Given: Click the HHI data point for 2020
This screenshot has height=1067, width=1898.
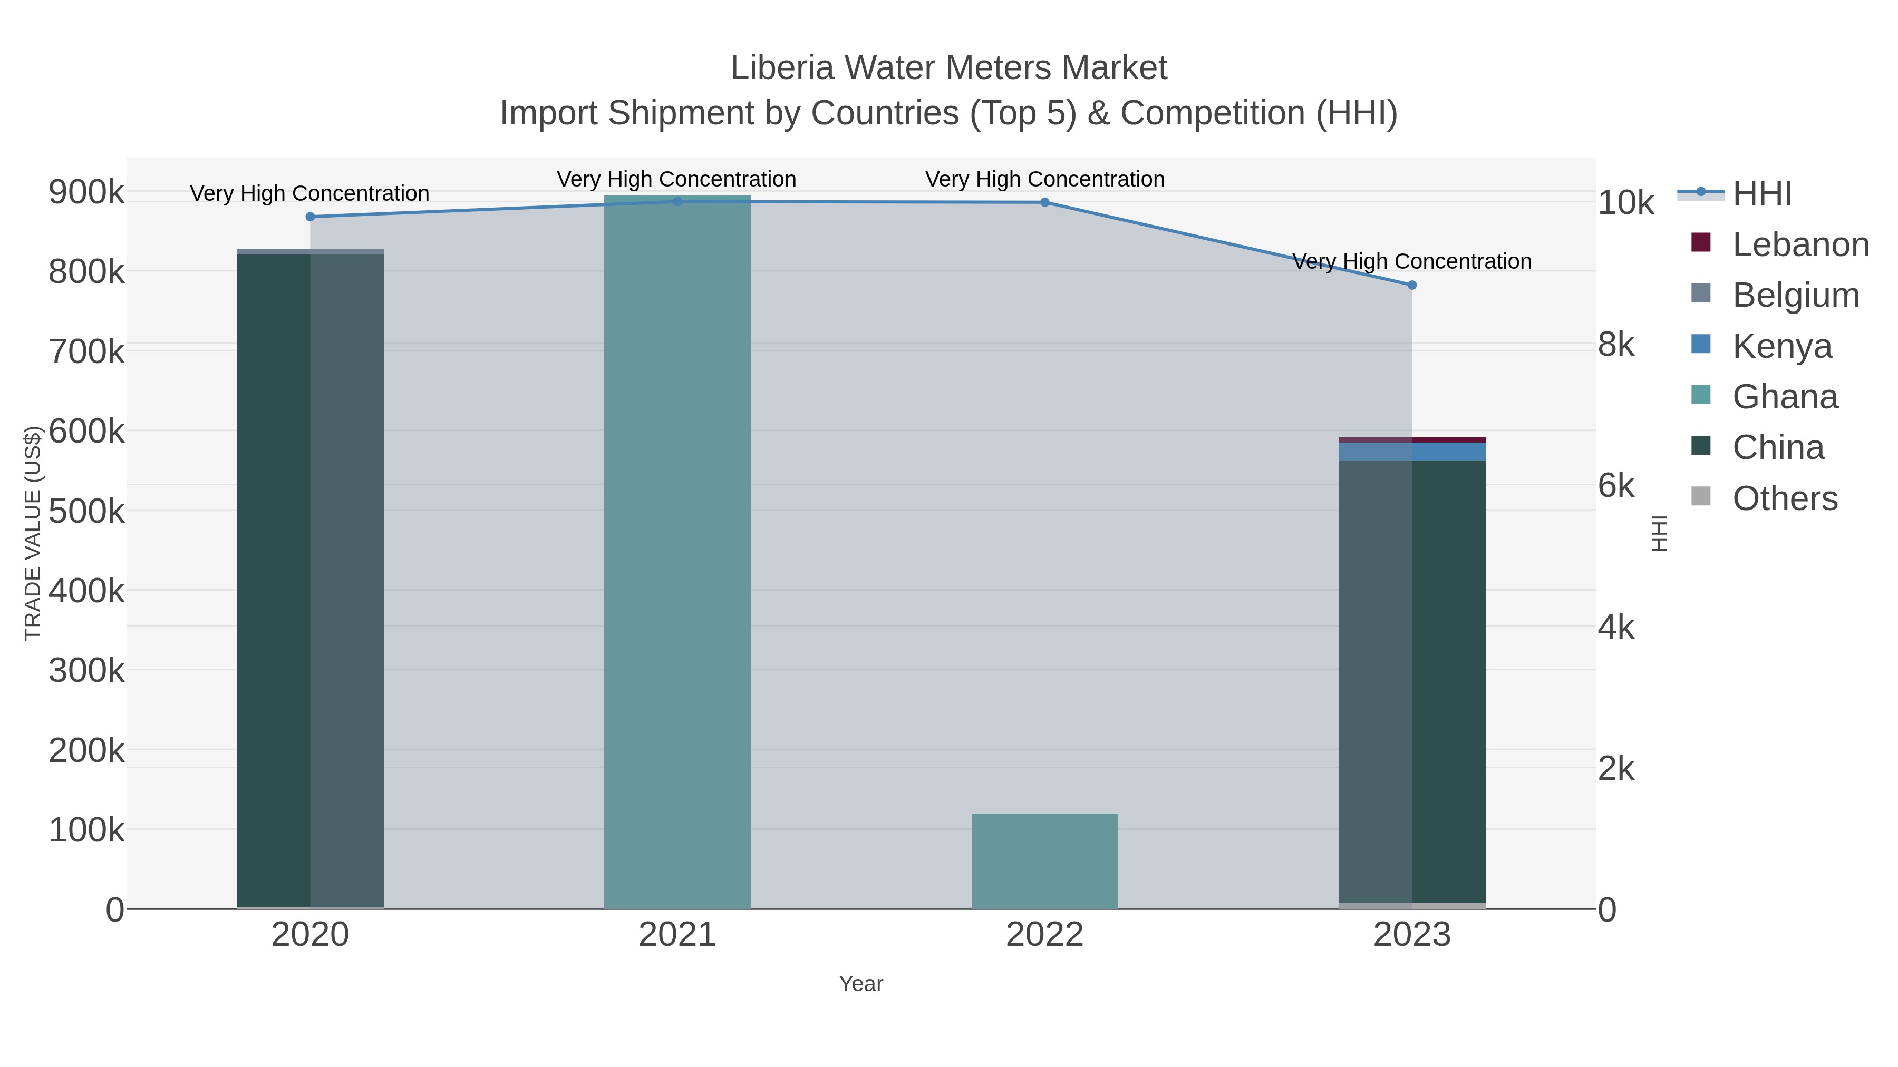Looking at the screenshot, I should pyautogui.click(x=310, y=217).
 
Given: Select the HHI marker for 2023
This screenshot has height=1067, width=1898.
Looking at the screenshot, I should pyautogui.click(x=1412, y=285).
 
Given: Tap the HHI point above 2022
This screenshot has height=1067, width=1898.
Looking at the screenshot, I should pyautogui.click(x=1045, y=202).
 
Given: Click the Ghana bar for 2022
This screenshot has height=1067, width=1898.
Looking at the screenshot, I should pyautogui.click(x=1045, y=861).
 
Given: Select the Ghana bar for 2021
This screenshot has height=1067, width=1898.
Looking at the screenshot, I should pyautogui.click(x=677, y=552).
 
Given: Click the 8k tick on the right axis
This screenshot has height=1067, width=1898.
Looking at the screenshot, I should pyautogui.click(x=1616, y=345).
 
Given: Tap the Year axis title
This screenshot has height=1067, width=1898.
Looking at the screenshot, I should pyautogui.click(x=860, y=984).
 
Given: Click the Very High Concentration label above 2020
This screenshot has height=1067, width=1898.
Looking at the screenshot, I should pyautogui.click(x=309, y=194).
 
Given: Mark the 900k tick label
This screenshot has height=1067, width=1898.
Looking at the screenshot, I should pyautogui.click(x=87, y=193).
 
